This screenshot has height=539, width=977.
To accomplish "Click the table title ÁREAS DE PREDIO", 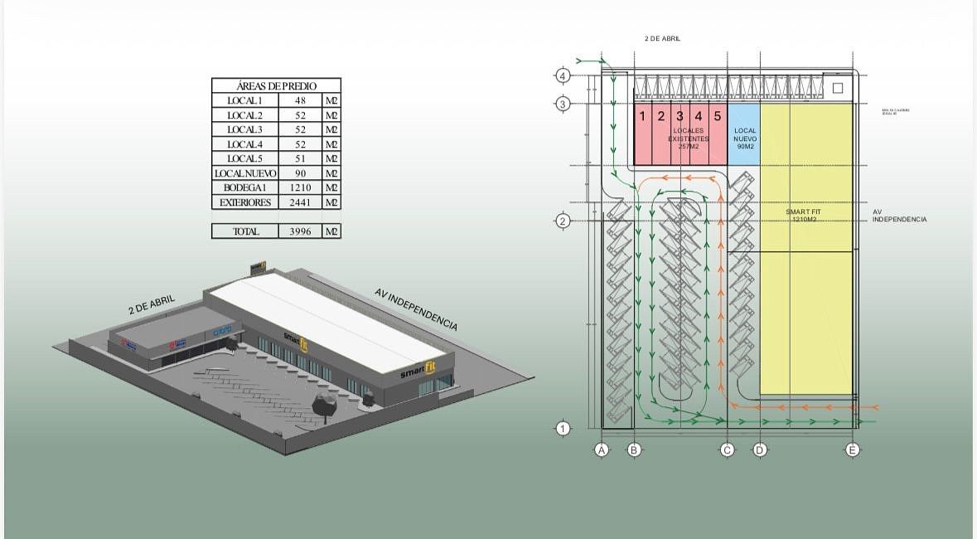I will (x=276, y=85).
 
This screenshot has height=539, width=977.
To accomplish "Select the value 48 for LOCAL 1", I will (x=300, y=100).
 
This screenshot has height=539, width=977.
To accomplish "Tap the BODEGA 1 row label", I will (x=244, y=187).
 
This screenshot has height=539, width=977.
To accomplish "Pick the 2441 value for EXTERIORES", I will (x=300, y=202).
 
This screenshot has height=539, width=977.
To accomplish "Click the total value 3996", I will (x=300, y=231).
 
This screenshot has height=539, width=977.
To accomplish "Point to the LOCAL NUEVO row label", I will (x=244, y=173).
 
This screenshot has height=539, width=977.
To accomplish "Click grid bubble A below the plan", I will (x=602, y=450).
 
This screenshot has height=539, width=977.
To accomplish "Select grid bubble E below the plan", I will (x=853, y=450).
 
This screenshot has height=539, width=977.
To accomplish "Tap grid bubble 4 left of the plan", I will (x=563, y=76).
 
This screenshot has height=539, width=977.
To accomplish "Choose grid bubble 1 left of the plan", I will (x=563, y=429).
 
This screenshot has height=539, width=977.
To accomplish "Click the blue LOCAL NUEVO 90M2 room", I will (x=744, y=135).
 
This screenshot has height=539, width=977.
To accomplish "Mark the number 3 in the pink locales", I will (x=680, y=116).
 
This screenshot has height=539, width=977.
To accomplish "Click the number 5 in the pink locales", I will (x=718, y=116).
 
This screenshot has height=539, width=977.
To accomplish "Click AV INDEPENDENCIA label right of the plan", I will (x=899, y=216).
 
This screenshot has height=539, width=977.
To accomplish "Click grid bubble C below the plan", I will (x=727, y=450).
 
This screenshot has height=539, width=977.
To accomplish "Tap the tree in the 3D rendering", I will (x=325, y=405).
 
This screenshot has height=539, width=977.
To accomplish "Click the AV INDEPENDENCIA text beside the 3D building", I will (x=416, y=309).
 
